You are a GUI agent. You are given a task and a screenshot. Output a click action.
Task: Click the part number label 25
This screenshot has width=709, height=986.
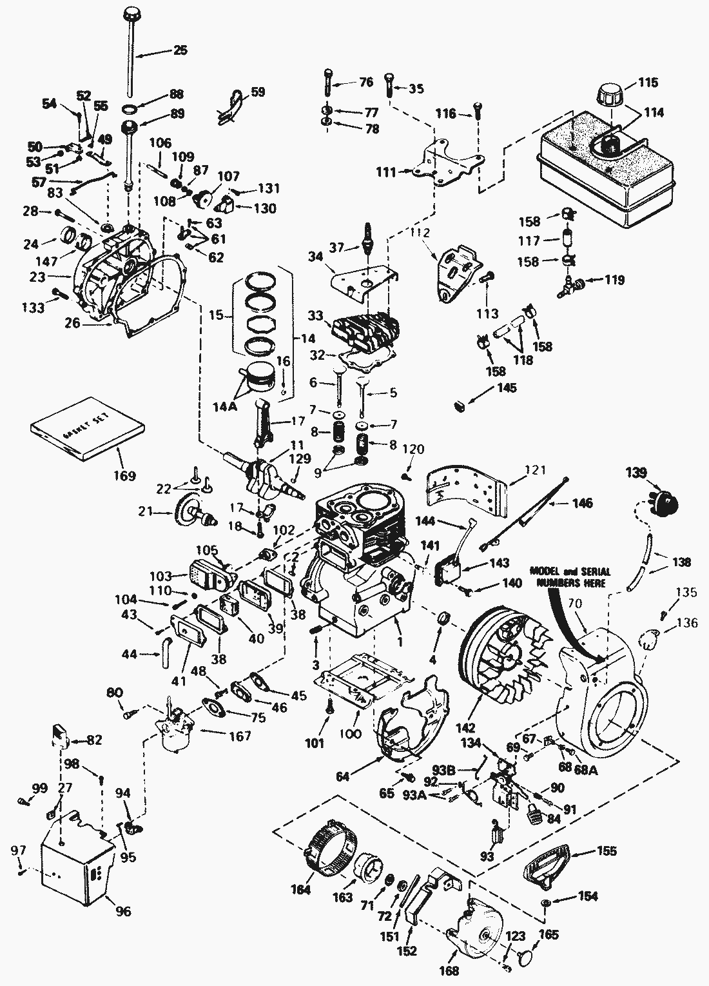180,50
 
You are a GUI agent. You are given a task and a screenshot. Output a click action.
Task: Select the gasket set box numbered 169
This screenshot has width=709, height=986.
88,435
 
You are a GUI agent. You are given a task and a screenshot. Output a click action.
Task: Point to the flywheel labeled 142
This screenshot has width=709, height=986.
503,656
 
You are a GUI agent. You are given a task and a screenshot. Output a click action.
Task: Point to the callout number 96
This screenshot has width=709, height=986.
122,911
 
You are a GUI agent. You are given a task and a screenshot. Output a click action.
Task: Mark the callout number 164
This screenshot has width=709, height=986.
301,890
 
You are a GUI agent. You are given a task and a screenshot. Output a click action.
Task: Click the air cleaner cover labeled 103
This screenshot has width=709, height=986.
206,575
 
